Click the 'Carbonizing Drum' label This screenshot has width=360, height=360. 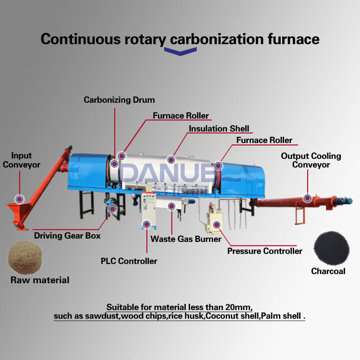(119, 100)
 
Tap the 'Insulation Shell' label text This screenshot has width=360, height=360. (219, 129)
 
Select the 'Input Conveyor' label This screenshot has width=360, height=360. (22, 160)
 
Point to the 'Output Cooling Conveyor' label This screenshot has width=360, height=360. (311, 160)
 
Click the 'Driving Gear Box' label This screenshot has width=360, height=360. (67, 236)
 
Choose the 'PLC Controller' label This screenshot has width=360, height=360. (129, 261)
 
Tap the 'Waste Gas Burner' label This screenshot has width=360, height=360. (186, 239)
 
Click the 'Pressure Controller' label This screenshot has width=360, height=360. (264, 251)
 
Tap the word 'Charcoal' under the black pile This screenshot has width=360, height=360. (328, 271)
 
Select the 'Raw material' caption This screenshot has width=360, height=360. (40, 280)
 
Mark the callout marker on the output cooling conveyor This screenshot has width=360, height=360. (307, 197)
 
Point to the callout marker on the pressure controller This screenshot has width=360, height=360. (217, 224)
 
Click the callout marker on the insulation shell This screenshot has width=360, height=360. (171, 159)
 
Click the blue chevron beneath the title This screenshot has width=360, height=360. (180, 52)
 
